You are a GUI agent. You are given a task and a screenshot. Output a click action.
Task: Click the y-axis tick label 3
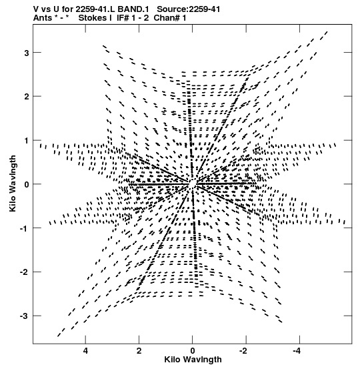(27, 53)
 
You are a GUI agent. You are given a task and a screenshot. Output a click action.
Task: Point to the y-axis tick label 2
(27, 97)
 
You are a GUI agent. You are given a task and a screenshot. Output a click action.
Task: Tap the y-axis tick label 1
(27, 141)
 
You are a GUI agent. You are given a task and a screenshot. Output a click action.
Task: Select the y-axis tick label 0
(27, 184)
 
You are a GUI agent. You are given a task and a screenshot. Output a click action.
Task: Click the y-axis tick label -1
(25, 228)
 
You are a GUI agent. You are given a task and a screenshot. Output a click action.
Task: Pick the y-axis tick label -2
(25, 272)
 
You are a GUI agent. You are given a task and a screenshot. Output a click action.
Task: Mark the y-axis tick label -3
(25, 316)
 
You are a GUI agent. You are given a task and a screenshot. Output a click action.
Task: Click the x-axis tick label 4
(85, 351)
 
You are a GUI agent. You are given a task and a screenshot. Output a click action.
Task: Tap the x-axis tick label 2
(139, 351)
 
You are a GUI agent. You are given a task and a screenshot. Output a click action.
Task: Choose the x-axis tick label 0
(193, 351)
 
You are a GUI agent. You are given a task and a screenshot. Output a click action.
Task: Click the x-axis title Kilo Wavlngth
(193, 360)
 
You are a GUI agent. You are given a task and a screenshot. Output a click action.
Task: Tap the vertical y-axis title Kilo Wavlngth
(13, 183)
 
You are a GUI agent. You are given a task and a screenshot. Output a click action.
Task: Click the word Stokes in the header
(93, 18)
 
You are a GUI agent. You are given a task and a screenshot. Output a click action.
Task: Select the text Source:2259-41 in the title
(189, 9)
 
